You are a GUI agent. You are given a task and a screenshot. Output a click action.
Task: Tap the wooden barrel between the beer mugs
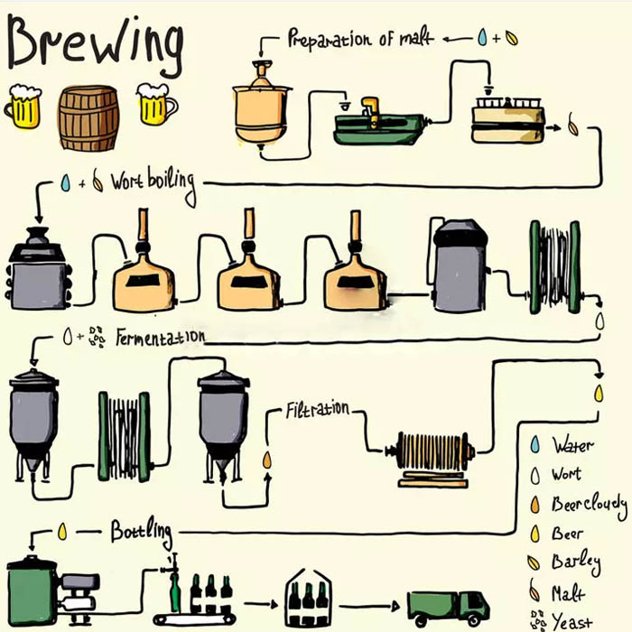click(x=88, y=117)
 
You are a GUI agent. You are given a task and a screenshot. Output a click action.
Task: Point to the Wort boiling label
click(x=153, y=181)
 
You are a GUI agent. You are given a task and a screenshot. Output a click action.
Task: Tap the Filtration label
click(x=317, y=409)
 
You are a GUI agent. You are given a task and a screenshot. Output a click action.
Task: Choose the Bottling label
click(x=141, y=531)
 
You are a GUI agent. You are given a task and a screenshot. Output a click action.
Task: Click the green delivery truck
click(x=448, y=607)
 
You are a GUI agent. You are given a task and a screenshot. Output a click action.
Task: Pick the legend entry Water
click(x=572, y=445)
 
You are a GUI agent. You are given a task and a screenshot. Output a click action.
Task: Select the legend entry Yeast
click(x=572, y=622)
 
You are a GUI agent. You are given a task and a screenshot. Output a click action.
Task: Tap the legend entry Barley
click(x=575, y=563)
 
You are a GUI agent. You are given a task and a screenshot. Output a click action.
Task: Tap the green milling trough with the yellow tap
click(x=378, y=125)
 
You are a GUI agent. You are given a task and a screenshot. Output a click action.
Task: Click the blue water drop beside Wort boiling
click(x=65, y=182)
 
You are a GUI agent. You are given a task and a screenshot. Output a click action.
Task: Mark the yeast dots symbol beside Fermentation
click(x=96, y=338)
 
